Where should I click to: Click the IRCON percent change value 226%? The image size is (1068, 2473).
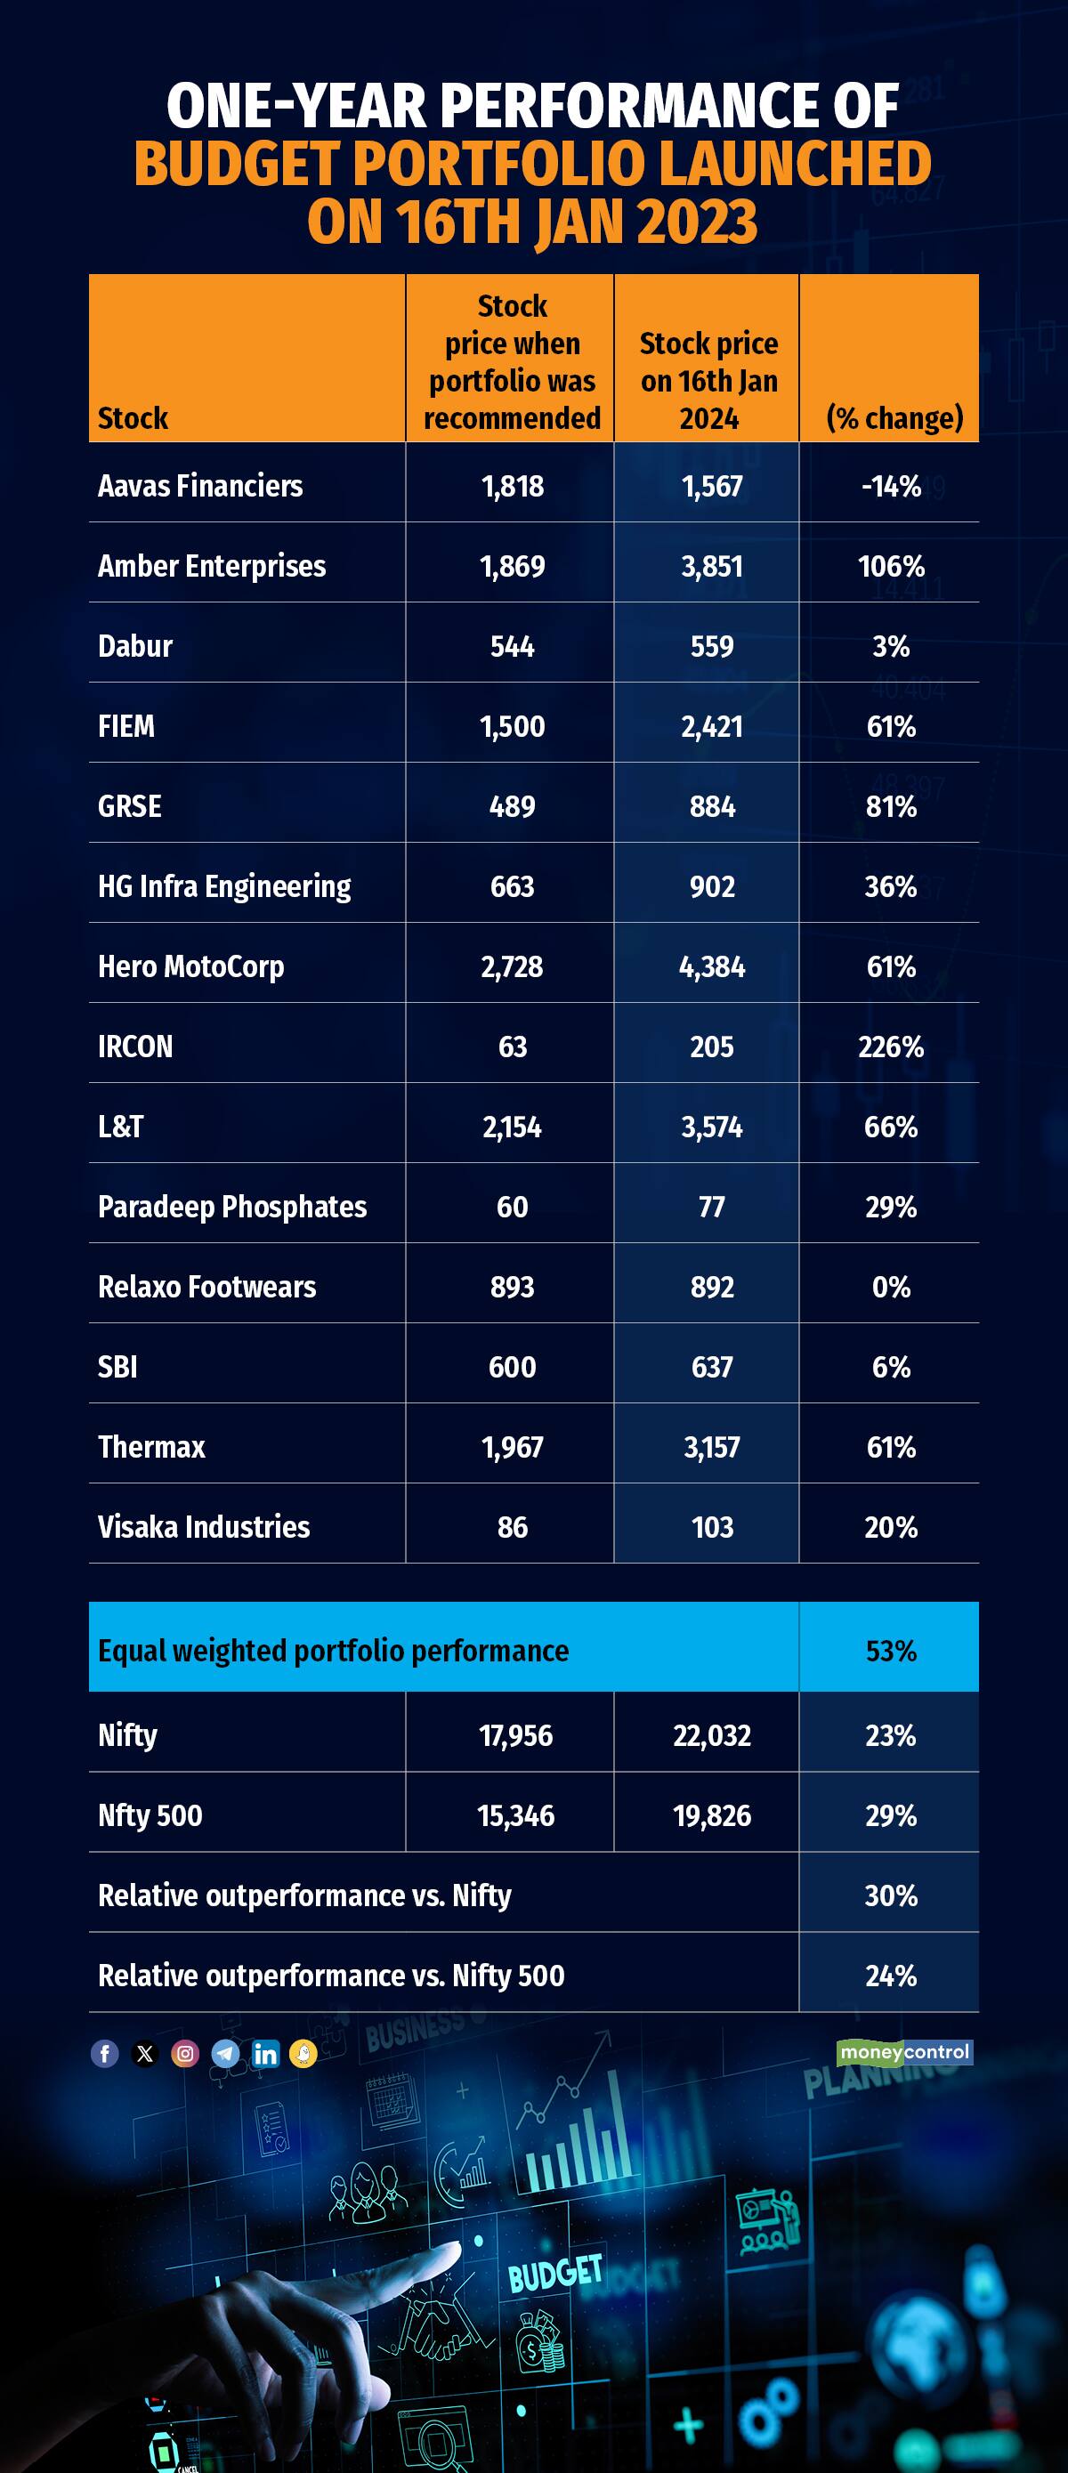[x=890, y=1047]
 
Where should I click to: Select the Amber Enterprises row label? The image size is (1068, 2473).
[x=211, y=566]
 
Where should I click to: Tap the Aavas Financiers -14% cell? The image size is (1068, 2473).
[x=890, y=487]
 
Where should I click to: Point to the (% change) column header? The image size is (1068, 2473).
[x=894, y=418]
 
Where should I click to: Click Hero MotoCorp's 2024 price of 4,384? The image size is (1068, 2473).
[x=712, y=966]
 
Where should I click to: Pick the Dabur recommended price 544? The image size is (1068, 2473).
[x=512, y=646]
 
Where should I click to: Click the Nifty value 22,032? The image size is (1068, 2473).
[x=712, y=1735]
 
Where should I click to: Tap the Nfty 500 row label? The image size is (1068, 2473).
[x=150, y=1815]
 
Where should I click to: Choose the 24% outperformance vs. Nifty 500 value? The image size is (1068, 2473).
[x=890, y=1976]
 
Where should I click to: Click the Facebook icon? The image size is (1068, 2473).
[x=105, y=2054]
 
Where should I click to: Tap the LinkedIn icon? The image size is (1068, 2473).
[x=265, y=2054]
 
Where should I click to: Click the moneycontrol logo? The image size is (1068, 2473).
[x=903, y=2052]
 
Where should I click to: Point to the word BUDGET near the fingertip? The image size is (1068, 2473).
[x=555, y=2273]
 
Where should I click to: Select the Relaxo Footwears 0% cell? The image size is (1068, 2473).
[x=890, y=1288]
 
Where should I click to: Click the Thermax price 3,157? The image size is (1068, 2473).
[x=712, y=1448]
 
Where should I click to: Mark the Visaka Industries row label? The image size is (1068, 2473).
[x=204, y=1527]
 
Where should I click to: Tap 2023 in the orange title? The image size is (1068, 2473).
[x=696, y=222]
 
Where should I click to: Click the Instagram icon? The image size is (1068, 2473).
[x=185, y=2054]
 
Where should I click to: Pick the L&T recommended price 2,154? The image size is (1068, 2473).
[x=512, y=1127]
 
